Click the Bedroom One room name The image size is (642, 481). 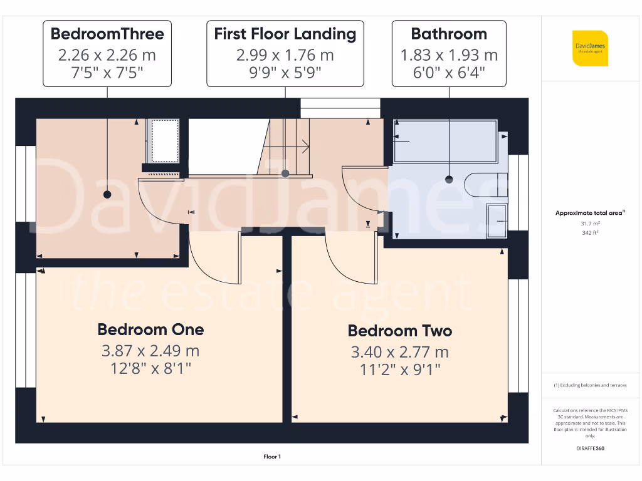click(x=150, y=329)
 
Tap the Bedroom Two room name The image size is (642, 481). click(x=399, y=331)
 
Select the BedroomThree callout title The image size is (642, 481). click(x=107, y=34)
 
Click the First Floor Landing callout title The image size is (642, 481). click(x=285, y=34)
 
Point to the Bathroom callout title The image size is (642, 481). click(x=448, y=34)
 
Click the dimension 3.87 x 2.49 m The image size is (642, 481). click(x=150, y=351)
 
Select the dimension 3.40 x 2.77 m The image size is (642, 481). click(x=399, y=352)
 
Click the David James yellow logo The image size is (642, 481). click(x=589, y=48)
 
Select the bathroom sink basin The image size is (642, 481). click(x=497, y=220)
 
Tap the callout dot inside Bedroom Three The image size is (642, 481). click(x=107, y=195)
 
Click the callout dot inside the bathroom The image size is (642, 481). click(x=449, y=180)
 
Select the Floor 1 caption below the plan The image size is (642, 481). click(x=272, y=457)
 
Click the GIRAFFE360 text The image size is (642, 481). click(x=589, y=448)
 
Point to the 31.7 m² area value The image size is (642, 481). click(x=589, y=222)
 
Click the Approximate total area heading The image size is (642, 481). click(x=589, y=213)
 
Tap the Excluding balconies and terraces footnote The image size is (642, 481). click(x=589, y=385)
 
